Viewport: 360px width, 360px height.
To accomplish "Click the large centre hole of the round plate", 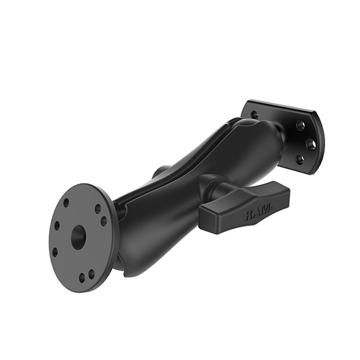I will click(x=78, y=238).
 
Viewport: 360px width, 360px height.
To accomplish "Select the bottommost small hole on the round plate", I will click(x=82, y=278).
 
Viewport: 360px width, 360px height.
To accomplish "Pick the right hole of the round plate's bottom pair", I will click(x=91, y=274).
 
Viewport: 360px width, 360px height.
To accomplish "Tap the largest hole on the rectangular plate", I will click(x=311, y=144).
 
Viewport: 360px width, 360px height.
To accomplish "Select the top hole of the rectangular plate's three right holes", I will click(x=300, y=126).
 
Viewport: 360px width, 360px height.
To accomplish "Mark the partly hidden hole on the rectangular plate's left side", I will click(x=254, y=115).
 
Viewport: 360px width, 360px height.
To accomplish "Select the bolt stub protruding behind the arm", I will click(x=158, y=172).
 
